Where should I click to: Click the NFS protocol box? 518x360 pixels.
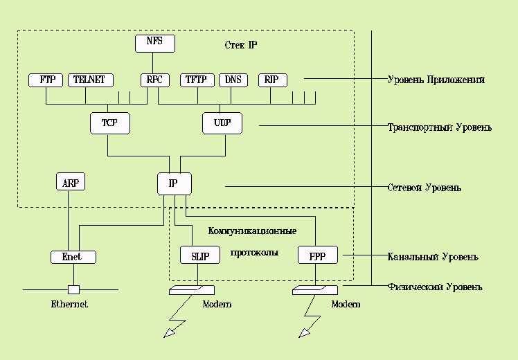[x=154, y=43]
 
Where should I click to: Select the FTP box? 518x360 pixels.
[x=46, y=80]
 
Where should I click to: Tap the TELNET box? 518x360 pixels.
[x=90, y=80]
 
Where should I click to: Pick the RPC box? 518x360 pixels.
[x=154, y=80]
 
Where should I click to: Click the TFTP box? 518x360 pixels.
[x=197, y=80]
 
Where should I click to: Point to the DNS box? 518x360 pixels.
[x=233, y=80]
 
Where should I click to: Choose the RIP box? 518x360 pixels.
[x=271, y=80]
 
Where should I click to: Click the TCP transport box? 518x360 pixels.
[x=109, y=123]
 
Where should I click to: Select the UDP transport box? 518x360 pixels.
[x=222, y=123]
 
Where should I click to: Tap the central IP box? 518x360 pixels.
[x=174, y=183]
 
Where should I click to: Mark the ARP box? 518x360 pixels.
[x=69, y=183]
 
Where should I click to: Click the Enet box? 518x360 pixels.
[x=72, y=257]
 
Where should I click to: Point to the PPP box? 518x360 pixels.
[x=317, y=255]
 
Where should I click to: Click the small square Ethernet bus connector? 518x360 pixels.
[x=73, y=289]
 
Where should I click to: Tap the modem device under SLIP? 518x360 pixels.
[x=192, y=290]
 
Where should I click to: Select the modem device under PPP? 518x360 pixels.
[x=315, y=290]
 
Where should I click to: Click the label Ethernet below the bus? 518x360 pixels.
[x=69, y=304]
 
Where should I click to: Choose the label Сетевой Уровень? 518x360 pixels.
[x=424, y=188]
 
